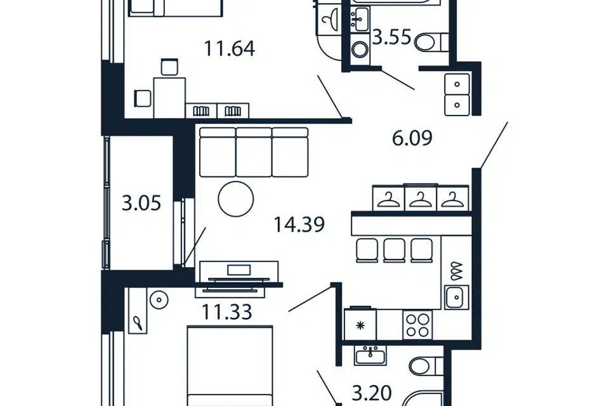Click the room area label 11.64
pos(229,49)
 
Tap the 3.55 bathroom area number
pos(391,37)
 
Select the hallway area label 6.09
pos(412,138)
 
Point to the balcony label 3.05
pos(141,203)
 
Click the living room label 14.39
pos(299,225)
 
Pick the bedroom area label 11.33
pos(227,311)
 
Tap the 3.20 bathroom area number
pos(372,393)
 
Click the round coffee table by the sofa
pos(236,199)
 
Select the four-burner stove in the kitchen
pos(417,325)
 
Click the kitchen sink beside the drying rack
pos(457,298)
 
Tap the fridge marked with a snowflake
pos(360,324)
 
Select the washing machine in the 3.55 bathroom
pos(360,49)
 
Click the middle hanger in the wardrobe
pos(421,199)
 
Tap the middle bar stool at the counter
pos(394,251)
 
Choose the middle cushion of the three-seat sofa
pos(254,152)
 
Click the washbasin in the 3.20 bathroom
pos(370,355)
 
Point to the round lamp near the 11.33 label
pos(159,300)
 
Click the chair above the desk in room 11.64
pos(170,67)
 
